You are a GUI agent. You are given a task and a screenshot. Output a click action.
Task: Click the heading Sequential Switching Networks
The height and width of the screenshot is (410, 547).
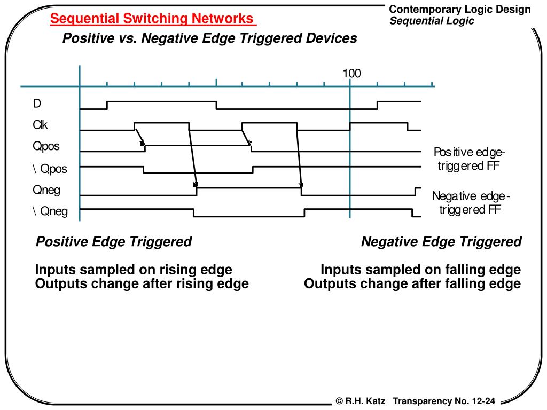pyautogui.click(x=153, y=19)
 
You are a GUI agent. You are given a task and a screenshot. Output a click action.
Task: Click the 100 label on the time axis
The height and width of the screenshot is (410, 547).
pyautogui.click(x=352, y=73)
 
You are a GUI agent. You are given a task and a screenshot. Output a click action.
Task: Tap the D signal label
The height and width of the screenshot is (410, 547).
pyautogui.click(x=37, y=102)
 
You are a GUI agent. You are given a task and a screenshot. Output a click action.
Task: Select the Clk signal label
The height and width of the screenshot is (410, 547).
pyautogui.click(x=40, y=125)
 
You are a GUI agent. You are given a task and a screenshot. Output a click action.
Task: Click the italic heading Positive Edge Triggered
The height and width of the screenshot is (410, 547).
pyautogui.click(x=113, y=242)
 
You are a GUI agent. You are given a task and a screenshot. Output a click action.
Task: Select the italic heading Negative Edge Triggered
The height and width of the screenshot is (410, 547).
pyautogui.click(x=441, y=242)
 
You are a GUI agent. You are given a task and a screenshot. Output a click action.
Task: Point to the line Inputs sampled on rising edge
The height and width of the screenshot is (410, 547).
pyautogui.click(x=134, y=270)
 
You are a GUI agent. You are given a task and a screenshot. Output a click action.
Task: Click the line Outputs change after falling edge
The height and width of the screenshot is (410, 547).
pyautogui.click(x=412, y=283)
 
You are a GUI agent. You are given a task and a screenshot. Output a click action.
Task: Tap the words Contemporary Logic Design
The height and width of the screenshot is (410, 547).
pyautogui.click(x=460, y=10)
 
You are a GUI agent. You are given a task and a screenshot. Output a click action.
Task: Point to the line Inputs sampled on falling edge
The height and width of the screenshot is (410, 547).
pyautogui.click(x=420, y=270)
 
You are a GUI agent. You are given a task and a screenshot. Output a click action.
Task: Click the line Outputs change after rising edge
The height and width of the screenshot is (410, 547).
pyautogui.click(x=142, y=283)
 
